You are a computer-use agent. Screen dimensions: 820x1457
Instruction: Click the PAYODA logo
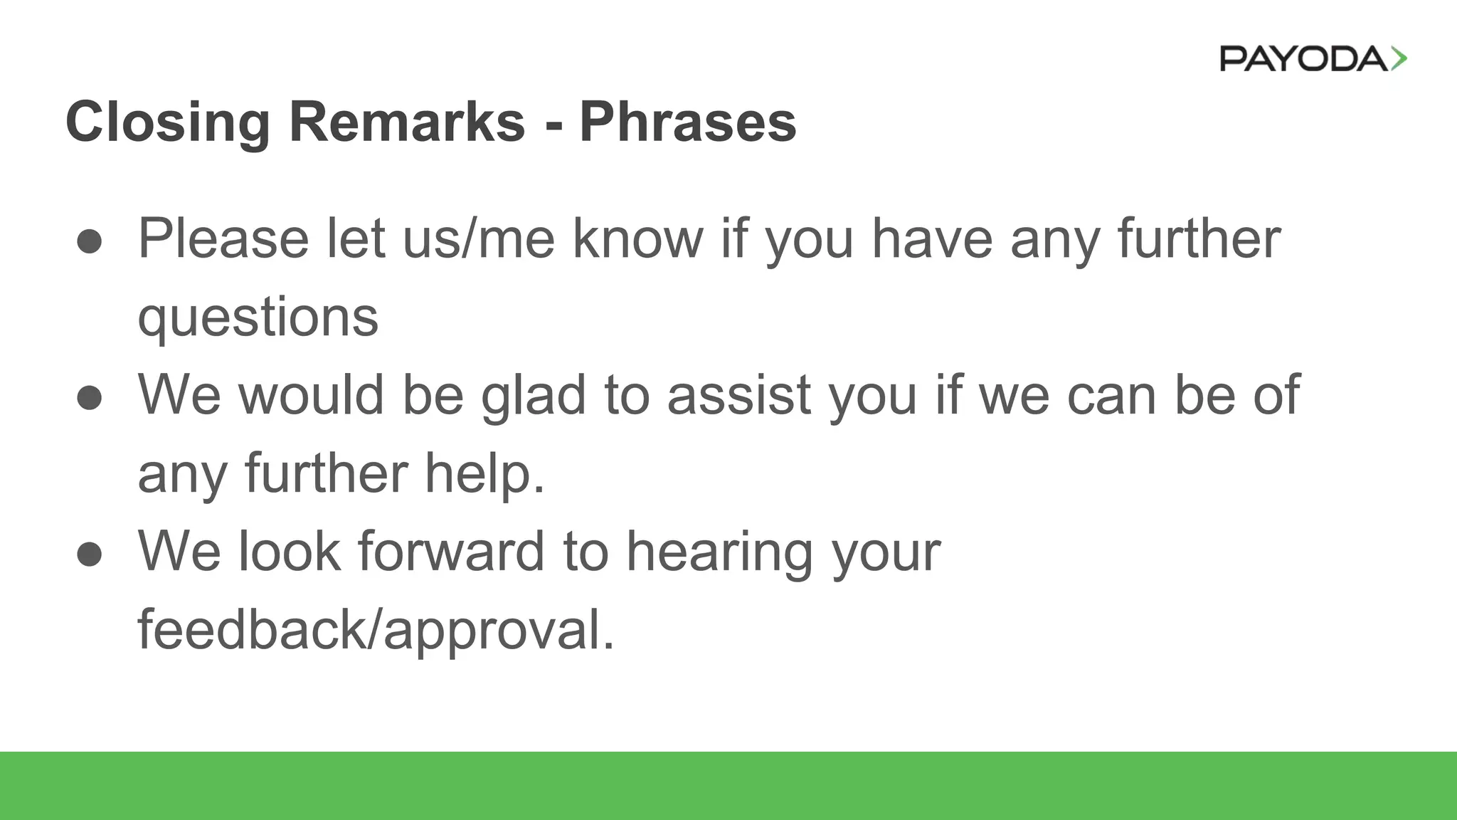click(x=1313, y=58)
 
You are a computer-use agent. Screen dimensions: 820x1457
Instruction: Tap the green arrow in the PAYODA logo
click(x=1399, y=58)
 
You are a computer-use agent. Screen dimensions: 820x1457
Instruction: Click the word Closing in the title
click(x=167, y=122)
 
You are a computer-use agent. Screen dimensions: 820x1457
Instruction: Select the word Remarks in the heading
click(x=407, y=122)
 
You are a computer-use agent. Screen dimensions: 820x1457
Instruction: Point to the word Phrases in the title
click(x=687, y=122)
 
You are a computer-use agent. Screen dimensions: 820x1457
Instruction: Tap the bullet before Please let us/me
click(x=90, y=241)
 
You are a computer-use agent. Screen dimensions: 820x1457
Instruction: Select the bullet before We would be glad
click(x=90, y=397)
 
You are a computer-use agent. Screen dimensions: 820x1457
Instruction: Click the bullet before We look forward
click(x=90, y=554)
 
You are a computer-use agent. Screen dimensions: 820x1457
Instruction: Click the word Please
click(x=223, y=239)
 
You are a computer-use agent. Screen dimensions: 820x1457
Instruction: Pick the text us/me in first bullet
click(x=478, y=239)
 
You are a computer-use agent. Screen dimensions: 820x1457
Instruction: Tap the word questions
click(x=258, y=317)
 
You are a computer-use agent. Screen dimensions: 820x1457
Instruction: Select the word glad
click(x=534, y=396)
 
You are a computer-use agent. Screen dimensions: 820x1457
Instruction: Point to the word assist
click(x=738, y=396)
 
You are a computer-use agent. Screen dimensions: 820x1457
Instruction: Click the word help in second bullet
click(x=484, y=474)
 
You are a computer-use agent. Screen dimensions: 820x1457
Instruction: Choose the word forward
click(x=451, y=552)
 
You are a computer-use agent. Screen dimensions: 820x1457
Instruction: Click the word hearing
click(x=719, y=552)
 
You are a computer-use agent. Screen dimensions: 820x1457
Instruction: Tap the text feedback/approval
click(x=376, y=631)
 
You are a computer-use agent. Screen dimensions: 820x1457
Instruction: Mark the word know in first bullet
click(x=637, y=239)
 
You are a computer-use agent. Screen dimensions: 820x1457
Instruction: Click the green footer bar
click(x=728, y=786)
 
